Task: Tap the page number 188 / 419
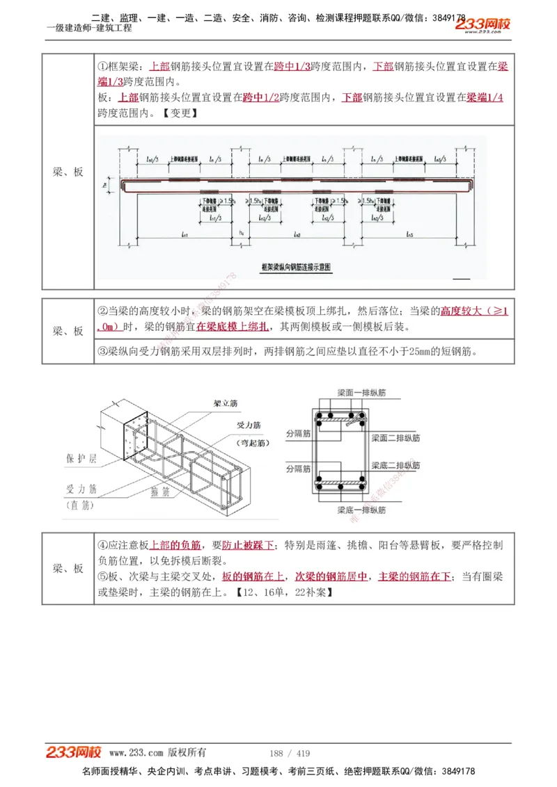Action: (x=290, y=753)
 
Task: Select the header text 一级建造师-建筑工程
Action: (x=88, y=29)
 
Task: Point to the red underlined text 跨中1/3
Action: (x=292, y=67)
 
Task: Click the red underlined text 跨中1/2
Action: (x=261, y=97)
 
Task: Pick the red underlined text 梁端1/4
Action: (x=485, y=97)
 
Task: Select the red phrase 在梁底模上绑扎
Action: (x=232, y=327)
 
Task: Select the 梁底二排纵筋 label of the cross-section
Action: (x=395, y=465)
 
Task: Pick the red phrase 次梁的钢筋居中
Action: (x=331, y=576)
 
